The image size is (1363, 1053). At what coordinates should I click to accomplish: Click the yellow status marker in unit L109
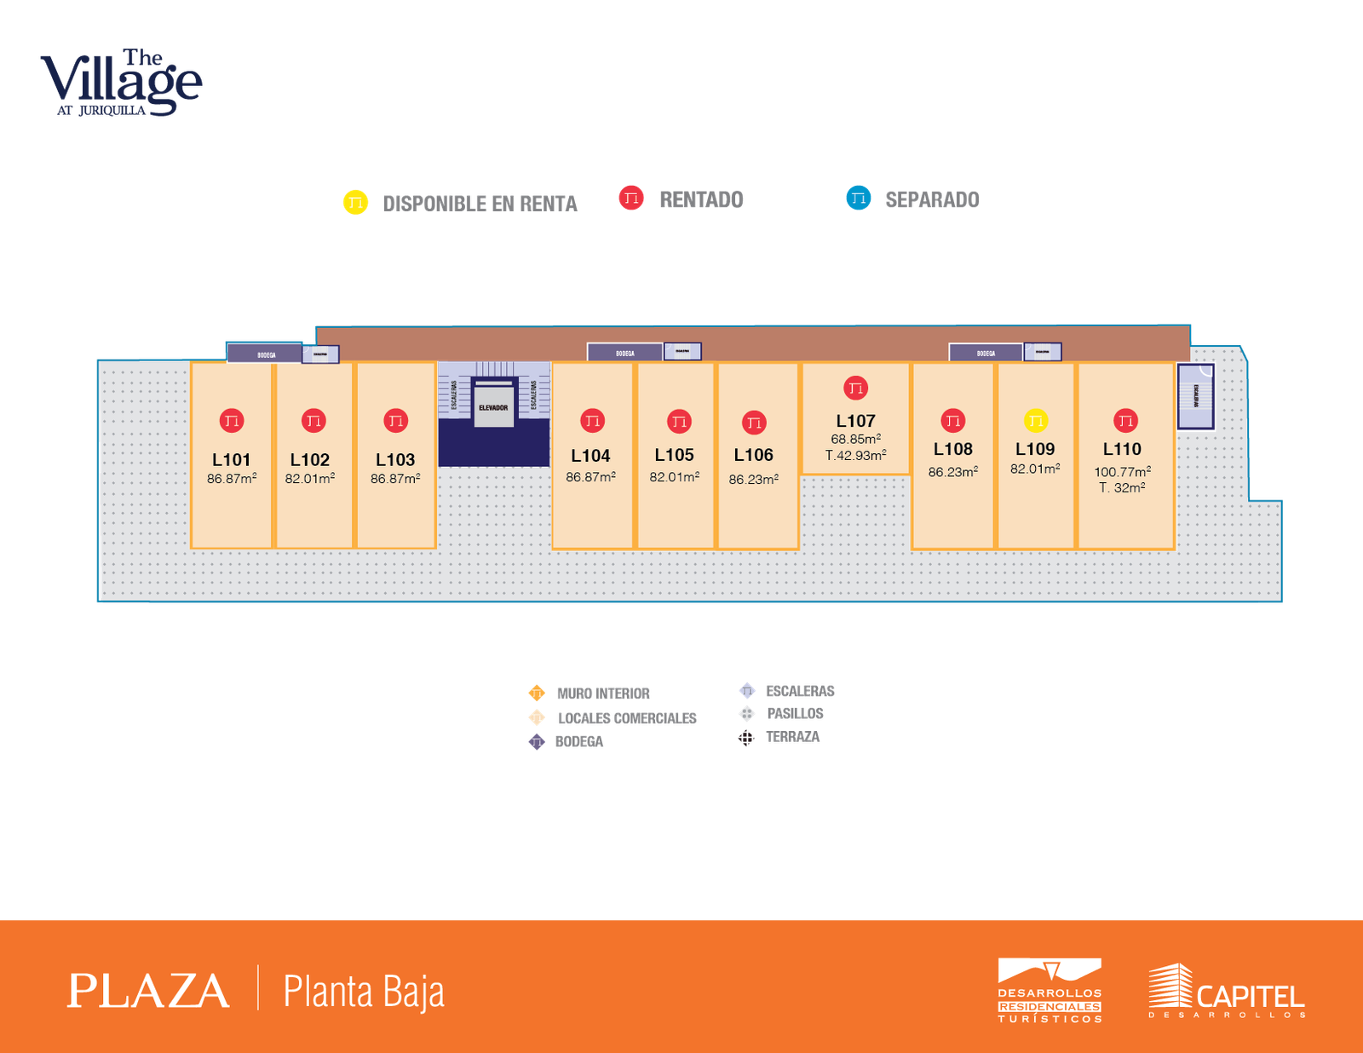click(x=1035, y=421)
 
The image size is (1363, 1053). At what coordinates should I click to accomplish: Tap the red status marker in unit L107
click(x=855, y=388)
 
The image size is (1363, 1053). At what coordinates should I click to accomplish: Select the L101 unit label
click(x=231, y=460)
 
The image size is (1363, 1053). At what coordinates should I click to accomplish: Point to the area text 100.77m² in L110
click(x=1122, y=472)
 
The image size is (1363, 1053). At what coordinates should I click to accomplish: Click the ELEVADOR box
click(x=493, y=407)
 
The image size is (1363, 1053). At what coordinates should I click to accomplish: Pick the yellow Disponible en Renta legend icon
click(x=355, y=203)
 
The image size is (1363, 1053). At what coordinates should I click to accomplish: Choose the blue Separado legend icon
click(x=858, y=199)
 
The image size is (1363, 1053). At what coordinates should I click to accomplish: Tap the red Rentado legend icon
click(x=631, y=199)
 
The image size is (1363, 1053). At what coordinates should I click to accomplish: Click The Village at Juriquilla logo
click(x=121, y=83)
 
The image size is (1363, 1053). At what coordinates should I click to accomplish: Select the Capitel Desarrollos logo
click(x=1227, y=991)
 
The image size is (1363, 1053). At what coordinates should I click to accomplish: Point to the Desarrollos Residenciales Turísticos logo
click(x=1050, y=991)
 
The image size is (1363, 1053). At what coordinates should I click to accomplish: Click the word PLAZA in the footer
click(x=148, y=991)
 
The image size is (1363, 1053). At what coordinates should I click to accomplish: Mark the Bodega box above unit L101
click(x=266, y=354)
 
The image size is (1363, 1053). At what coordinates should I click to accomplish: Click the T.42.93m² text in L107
click(x=855, y=456)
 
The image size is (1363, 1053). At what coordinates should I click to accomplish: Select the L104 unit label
click(x=590, y=457)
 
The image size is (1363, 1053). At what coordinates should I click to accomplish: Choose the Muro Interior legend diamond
click(x=536, y=693)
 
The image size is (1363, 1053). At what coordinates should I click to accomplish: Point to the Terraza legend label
click(x=792, y=738)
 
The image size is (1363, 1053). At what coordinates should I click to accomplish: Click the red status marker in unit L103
click(x=395, y=421)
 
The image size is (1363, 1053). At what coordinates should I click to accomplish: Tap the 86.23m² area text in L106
click(x=753, y=480)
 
